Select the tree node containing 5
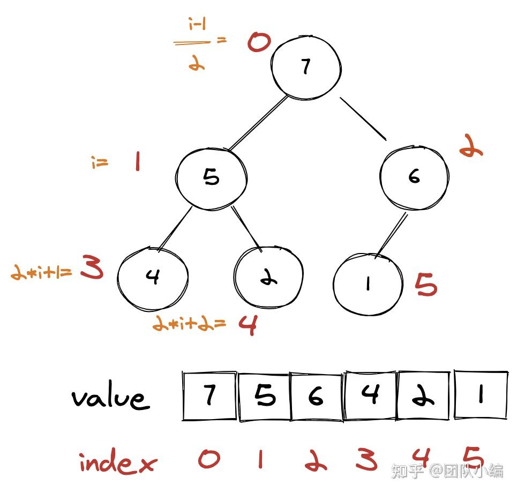212,177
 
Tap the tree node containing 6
414,176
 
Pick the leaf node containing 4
153,277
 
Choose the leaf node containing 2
268,279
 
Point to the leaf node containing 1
368,285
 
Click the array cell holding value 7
209,396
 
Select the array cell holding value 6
317,396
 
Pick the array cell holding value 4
370,396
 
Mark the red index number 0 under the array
208,459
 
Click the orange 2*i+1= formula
41,273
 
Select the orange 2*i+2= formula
189,323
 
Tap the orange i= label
100,162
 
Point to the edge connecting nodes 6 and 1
392,235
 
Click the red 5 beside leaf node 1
426,285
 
